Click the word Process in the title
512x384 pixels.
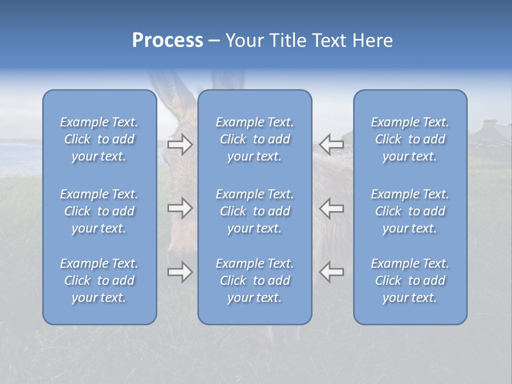point(167,41)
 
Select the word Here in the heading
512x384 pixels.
point(372,41)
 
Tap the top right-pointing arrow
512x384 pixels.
point(180,145)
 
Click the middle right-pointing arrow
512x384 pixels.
point(180,207)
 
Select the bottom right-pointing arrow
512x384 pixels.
point(180,272)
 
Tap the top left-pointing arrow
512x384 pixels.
point(331,145)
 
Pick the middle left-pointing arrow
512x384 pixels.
point(331,207)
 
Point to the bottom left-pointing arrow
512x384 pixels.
point(331,272)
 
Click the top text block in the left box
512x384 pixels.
point(99,139)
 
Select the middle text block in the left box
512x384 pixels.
point(99,211)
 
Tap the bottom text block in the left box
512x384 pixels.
point(99,281)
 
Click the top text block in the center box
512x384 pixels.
point(254,139)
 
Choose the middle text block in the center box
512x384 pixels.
point(254,211)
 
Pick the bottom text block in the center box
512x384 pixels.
point(254,281)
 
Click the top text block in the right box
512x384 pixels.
point(410,139)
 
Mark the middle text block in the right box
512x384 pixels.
point(410,211)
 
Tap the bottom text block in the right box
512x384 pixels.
point(410,281)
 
